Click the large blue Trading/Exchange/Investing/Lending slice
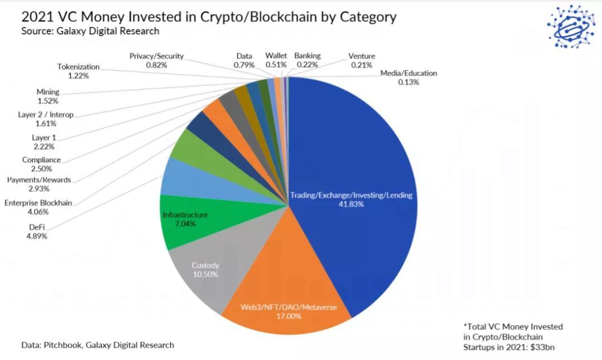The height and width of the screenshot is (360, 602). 357,167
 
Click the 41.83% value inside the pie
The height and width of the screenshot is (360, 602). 351,204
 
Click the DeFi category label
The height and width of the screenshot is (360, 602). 38,227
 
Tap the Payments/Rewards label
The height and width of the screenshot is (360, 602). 39,179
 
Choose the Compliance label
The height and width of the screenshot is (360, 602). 41,160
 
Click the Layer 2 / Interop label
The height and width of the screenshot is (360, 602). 46,115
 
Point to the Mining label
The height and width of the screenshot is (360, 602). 48,92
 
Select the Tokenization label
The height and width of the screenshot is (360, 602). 78,67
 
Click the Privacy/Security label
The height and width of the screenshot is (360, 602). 157,56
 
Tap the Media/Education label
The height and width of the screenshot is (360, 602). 409,73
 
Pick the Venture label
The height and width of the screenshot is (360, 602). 362,56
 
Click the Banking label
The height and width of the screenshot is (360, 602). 308,56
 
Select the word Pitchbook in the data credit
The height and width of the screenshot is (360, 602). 61,345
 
